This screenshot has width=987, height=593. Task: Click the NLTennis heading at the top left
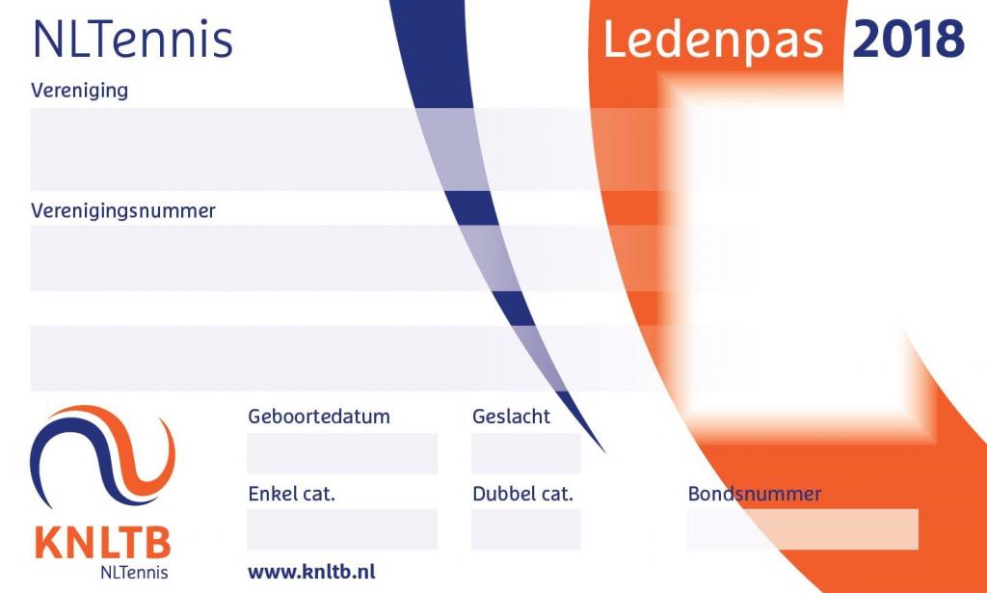133,39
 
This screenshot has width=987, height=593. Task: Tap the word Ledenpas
714,40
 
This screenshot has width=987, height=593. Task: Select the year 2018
908,39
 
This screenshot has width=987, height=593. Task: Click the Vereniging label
79,91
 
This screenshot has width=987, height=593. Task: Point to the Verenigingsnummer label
123,210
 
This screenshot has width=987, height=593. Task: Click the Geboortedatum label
319,417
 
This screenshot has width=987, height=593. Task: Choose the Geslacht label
511,417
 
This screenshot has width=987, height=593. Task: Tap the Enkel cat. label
291,494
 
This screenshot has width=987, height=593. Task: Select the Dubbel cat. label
522,494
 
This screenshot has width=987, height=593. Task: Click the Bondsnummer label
755,494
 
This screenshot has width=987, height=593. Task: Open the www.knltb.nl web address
311,572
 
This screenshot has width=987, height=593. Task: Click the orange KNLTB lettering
102,543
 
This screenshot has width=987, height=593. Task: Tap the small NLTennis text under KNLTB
134,572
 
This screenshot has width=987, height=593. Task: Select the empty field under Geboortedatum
342,453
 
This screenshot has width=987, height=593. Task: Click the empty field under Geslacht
525,453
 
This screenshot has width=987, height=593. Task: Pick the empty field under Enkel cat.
342,529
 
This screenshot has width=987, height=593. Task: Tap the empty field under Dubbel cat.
525,529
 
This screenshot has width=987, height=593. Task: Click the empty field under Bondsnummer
803,529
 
